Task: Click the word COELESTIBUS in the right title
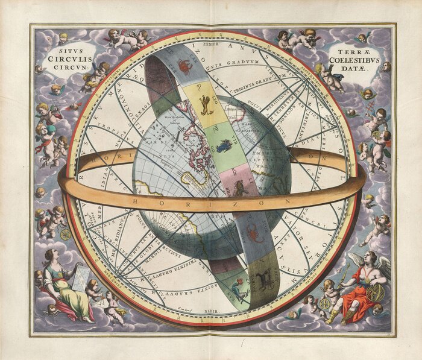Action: (x=355, y=59)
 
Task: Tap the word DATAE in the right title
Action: (x=356, y=68)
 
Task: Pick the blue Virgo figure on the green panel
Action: (x=225, y=145)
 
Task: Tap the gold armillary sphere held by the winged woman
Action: (x=378, y=294)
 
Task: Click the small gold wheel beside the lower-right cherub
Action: (x=326, y=303)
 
